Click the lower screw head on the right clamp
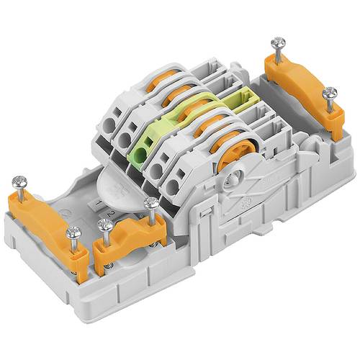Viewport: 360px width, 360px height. [x=330, y=93]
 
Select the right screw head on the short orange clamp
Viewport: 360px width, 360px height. [x=150, y=204]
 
